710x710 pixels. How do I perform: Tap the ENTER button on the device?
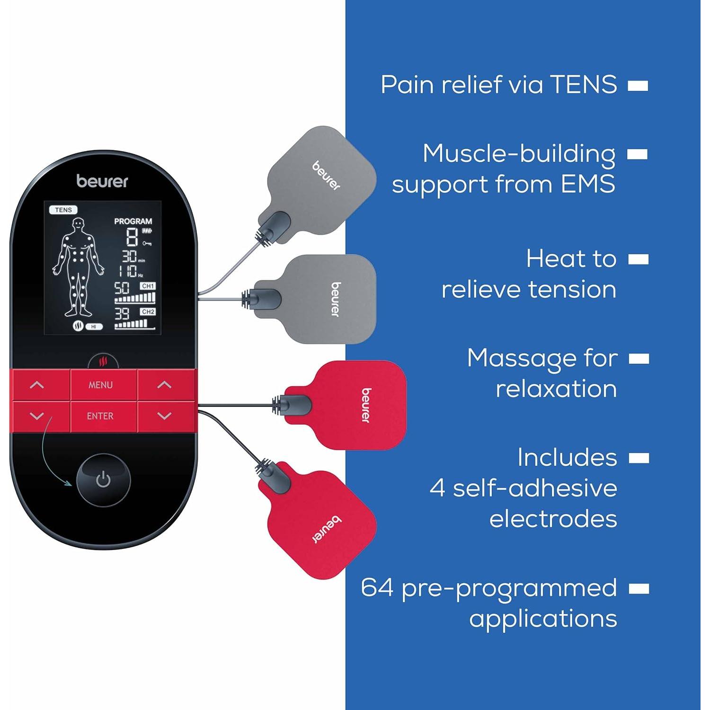pyautogui.click(x=100, y=416)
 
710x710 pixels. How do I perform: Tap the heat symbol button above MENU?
pyautogui.click(x=103, y=362)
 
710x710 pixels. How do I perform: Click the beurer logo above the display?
pyautogui.click(x=102, y=181)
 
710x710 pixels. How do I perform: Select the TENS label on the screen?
pyautogui.click(x=63, y=210)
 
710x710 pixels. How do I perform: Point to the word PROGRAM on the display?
pyautogui.click(x=133, y=221)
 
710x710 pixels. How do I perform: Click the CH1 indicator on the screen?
pyautogui.click(x=148, y=286)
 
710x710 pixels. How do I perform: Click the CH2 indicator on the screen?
pyautogui.click(x=148, y=312)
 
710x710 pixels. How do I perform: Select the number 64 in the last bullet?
pyautogui.click(x=377, y=587)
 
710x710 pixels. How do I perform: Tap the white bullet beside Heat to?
pyautogui.click(x=639, y=259)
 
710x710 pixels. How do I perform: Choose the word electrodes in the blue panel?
pyautogui.click(x=553, y=519)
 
